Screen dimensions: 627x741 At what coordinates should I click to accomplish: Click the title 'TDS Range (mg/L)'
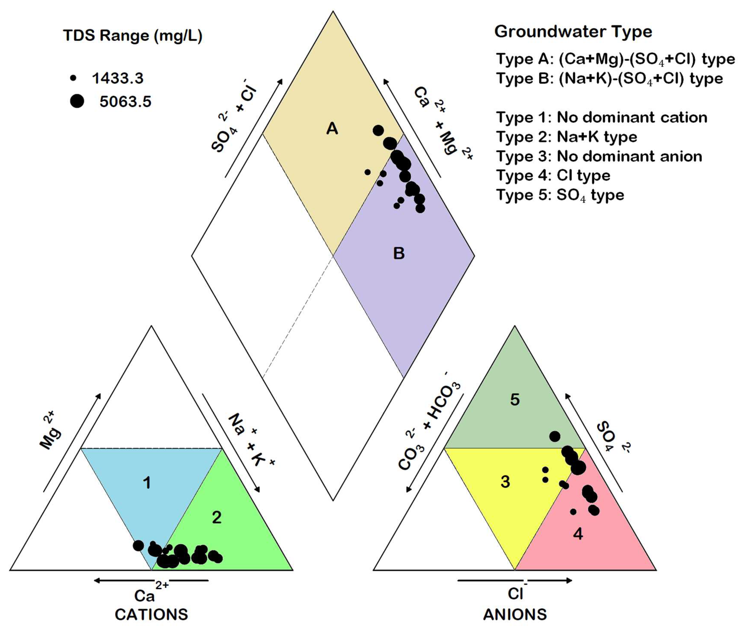(x=133, y=36)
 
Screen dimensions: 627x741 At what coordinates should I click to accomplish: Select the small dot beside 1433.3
(x=73, y=78)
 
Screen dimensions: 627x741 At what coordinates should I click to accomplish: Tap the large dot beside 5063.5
(x=77, y=101)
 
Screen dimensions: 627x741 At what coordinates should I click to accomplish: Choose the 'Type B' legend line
(x=609, y=79)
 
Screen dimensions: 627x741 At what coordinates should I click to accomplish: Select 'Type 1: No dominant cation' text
(x=601, y=117)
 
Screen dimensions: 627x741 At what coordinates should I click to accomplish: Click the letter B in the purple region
(x=399, y=253)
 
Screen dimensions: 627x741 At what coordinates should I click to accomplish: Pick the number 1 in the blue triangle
(x=147, y=483)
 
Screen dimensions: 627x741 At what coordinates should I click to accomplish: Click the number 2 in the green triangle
(x=217, y=517)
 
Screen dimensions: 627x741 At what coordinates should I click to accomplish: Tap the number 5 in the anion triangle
(x=514, y=399)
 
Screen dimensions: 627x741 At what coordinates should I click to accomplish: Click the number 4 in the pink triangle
(x=578, y=534)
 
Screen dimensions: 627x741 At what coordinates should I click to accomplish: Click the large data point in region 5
(x=554, y=436)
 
